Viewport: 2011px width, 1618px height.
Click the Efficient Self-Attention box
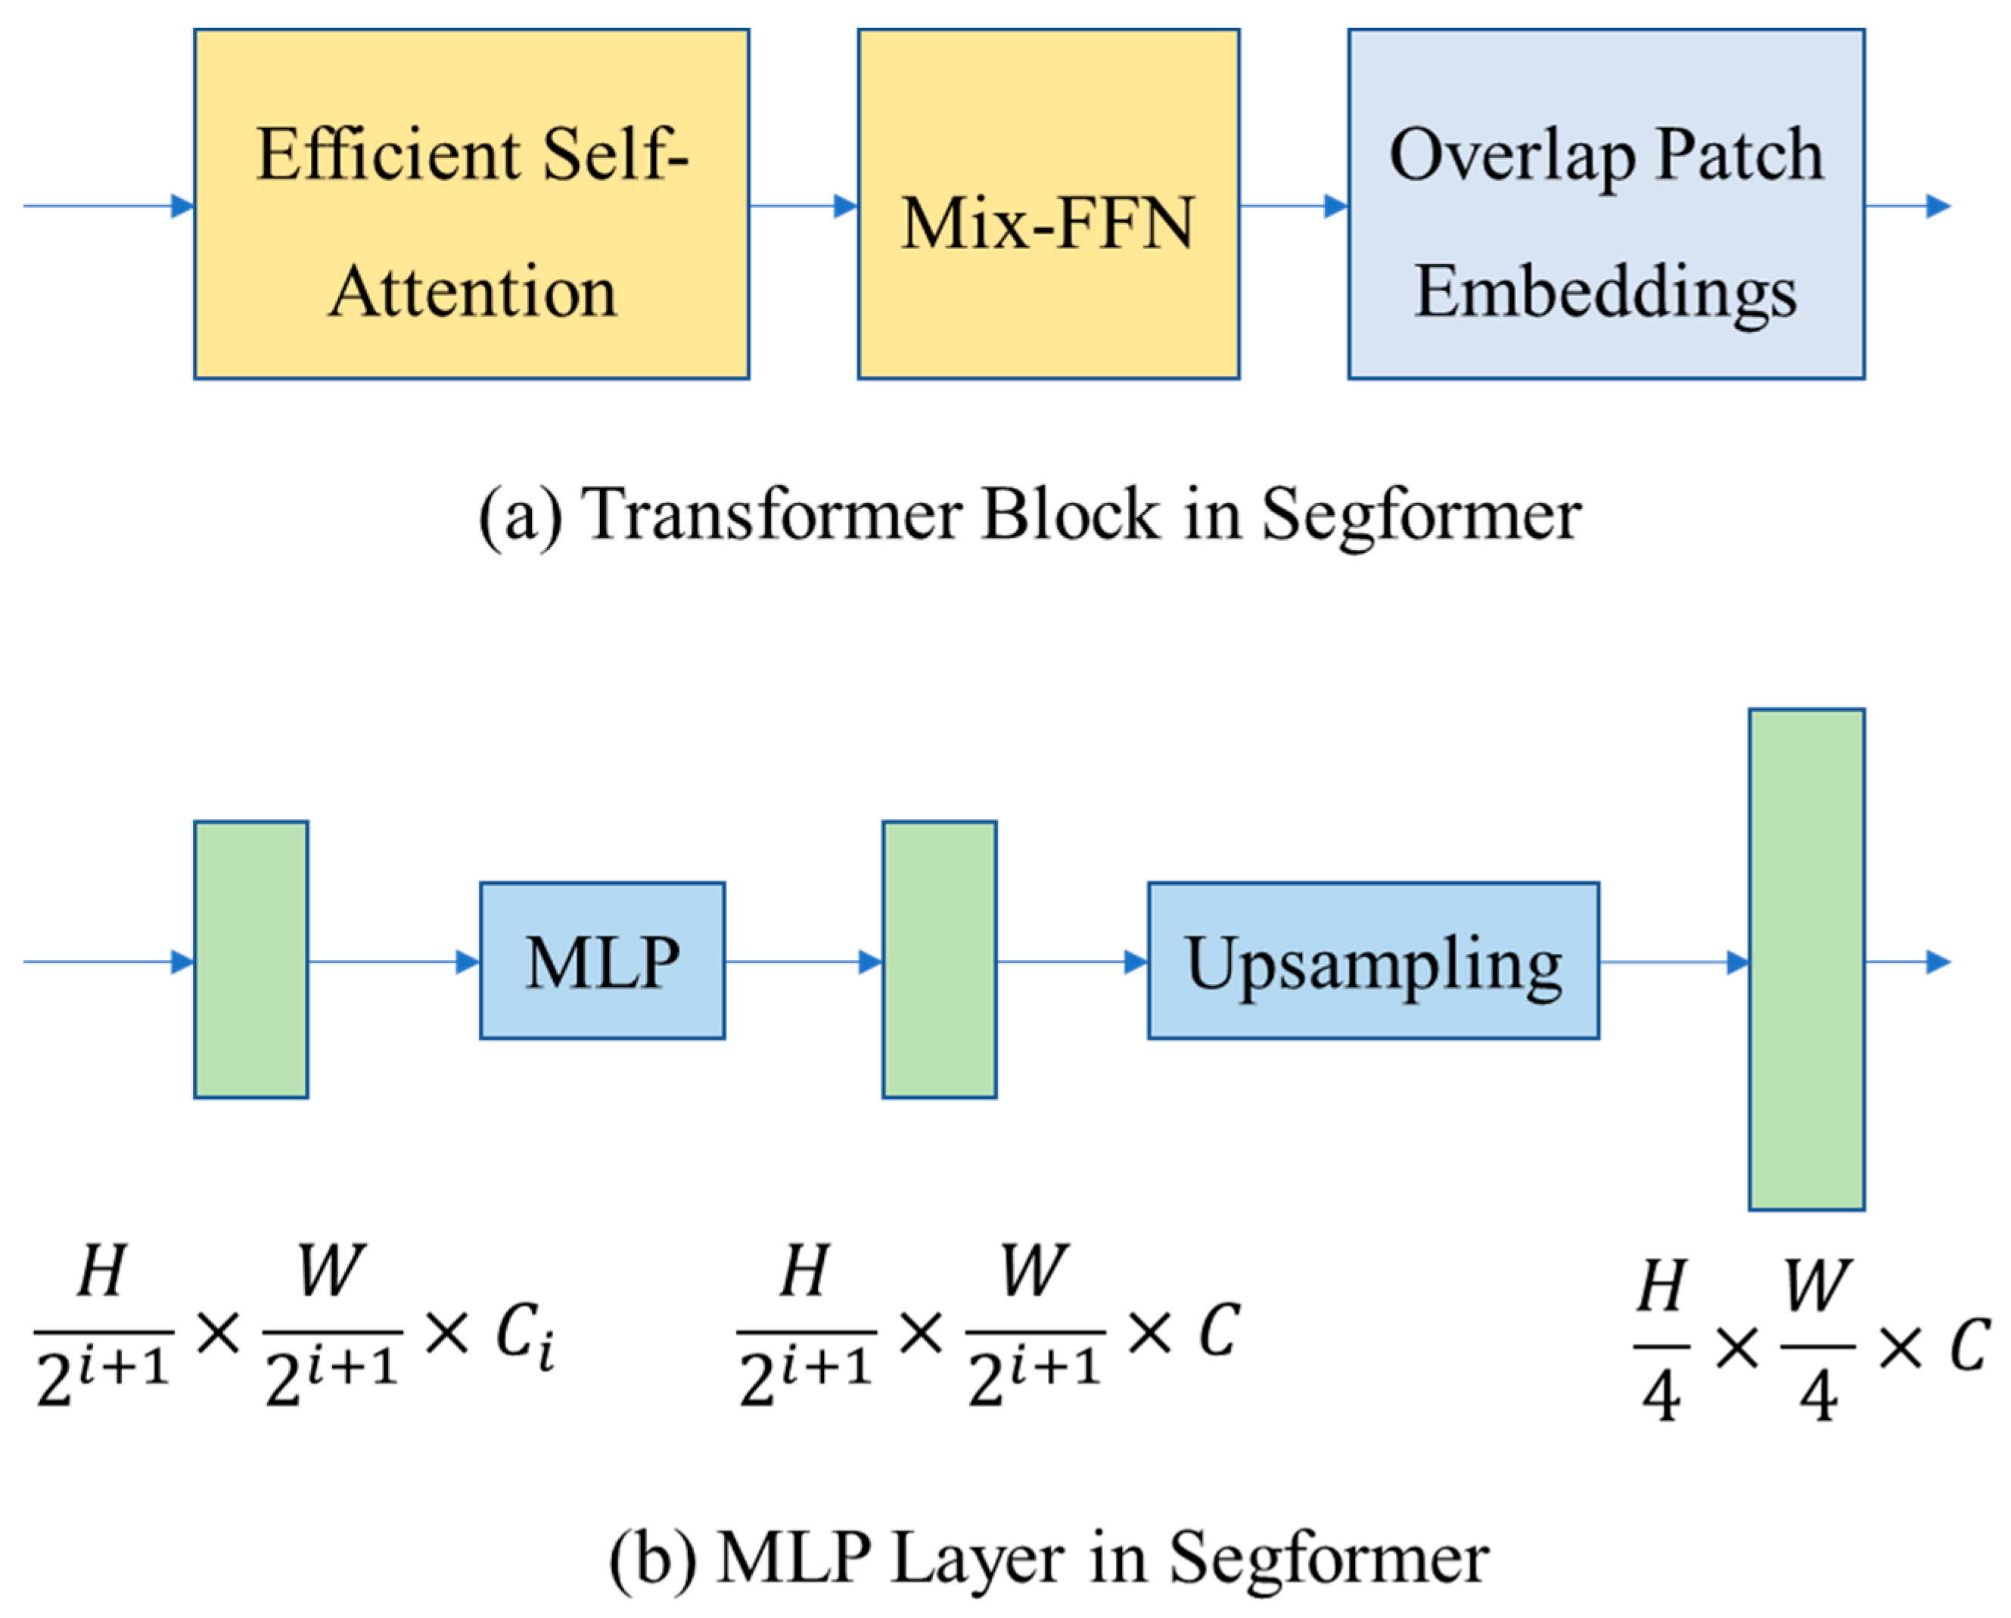pyautogui.click(x=471, y=203)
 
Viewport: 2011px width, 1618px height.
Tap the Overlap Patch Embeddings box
pyautogui.click(x=1605, y=203)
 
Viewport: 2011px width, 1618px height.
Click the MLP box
pyautogui.click(x=601, y=961)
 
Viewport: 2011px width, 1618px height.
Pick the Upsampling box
pyautogui.click(x=1372, y=961)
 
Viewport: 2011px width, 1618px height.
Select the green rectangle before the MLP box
pyautogui.click(x=251, y=960)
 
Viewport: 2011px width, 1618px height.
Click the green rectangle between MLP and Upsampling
pyautogui.click(x=938, y=960)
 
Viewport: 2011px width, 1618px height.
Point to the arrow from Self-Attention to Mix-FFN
pyautogui.click(x=802, y=206)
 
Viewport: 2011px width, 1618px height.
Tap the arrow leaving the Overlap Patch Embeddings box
pyautogui.click(x=1907, y=206)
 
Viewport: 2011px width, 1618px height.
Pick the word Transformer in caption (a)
pyautogui.click(x=770, y=515)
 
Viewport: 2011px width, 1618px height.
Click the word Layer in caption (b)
pyautogui.click(x=978, y=1557)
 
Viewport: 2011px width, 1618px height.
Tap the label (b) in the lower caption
pyautogui.click(x=652, y=1557)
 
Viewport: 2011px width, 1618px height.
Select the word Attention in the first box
pyautogui.click(x=473, y=291)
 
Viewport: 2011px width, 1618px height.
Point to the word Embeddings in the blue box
pyautogui.click(x=1605, y=291)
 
